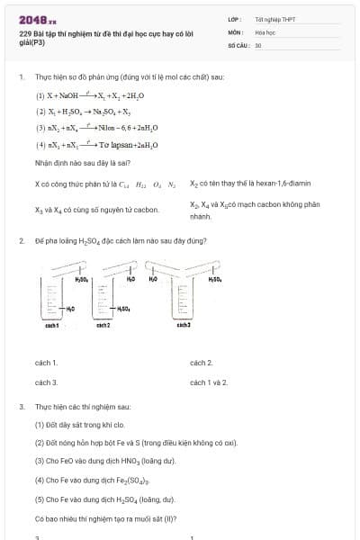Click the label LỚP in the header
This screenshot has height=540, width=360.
tap(233, 18)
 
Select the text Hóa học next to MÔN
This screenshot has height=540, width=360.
tap(265, 31)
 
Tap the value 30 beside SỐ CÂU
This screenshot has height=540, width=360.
tap(258, 44)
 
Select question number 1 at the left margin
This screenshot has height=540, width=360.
tap(21, 77)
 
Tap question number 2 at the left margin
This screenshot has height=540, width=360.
tap(21, 241)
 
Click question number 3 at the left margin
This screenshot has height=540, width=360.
tap(21, 407)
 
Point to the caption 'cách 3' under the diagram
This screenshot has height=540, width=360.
tap(183, 324)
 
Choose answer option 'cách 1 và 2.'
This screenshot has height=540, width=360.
tap(209, 382)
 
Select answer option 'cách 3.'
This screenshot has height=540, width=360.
tap(46, 382)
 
